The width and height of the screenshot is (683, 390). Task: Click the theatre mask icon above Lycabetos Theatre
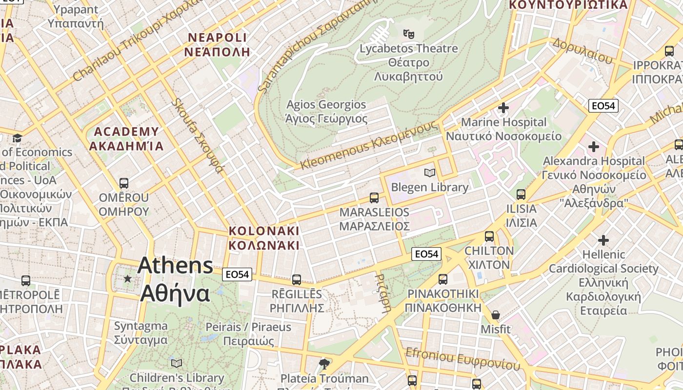tap(408, 34)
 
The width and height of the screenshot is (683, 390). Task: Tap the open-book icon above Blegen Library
tap(429, 173)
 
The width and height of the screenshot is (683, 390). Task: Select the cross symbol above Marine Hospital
tap(503, 107)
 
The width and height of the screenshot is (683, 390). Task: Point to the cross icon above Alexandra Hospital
tap(593, 146)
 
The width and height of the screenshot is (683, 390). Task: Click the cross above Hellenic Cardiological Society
tap(603, 240)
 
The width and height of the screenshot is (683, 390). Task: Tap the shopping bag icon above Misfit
tap(496, 315)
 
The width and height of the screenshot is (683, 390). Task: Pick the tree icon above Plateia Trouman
tap(324, 364)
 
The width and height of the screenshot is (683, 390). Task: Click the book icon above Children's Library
tap(177, 363)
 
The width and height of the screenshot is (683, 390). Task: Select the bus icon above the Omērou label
tap(124, 183)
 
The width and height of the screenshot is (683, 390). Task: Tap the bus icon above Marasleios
tap(374, 197)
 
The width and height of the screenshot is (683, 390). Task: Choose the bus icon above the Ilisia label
tap(521, 195)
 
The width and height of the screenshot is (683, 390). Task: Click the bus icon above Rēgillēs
tap(297, 279)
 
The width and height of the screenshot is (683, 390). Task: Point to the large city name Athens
tap(175, 266)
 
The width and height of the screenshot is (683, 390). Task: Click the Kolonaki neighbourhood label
tap(264, 231)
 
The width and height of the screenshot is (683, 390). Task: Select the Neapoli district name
tap(218, 38)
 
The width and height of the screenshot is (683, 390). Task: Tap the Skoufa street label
tap(198, 136)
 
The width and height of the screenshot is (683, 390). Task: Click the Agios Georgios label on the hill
tap(326, 105)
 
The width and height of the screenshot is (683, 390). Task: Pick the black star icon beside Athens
tap(128, 278)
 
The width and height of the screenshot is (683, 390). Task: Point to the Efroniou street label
tap(462, 359)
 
